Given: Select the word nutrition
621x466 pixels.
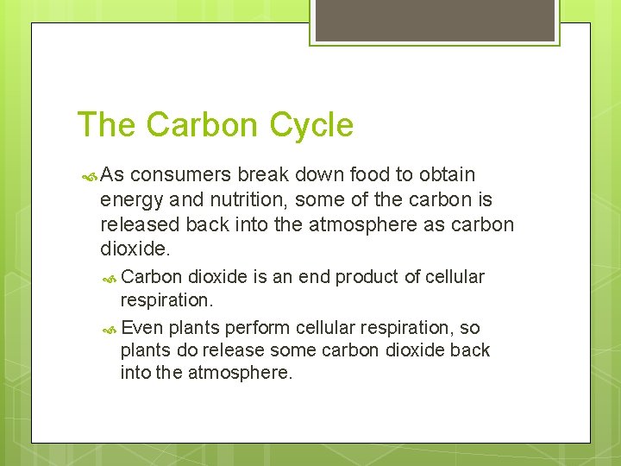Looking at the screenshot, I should click(x=241, y=201).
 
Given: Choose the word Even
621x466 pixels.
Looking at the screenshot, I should click(x=143, y=328).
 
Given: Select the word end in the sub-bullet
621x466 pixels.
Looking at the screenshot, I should click(x=314, y=277).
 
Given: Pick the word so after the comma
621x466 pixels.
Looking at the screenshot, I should click(x=470, y=328).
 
